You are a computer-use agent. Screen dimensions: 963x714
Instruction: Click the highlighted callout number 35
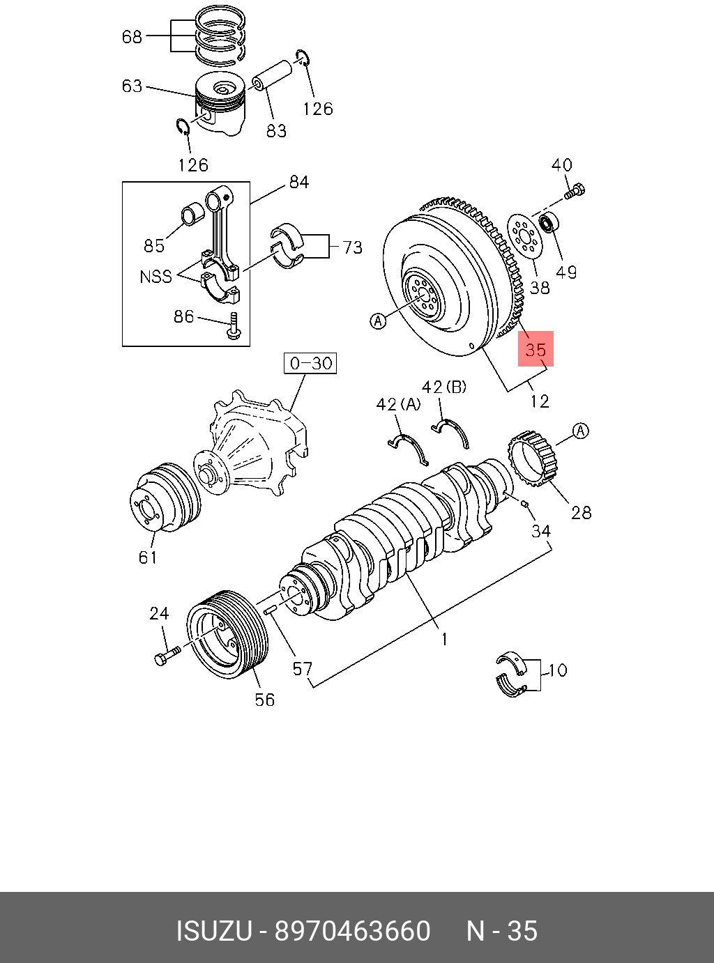535,348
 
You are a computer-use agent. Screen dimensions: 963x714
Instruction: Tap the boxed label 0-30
310,363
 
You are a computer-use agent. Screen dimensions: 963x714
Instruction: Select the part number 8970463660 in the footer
352,931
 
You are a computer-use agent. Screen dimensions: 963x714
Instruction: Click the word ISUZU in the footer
213,931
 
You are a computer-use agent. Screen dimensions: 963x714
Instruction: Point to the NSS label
155,277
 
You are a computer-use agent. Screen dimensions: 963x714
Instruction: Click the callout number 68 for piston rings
132,36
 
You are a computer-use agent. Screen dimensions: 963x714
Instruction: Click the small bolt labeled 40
576,190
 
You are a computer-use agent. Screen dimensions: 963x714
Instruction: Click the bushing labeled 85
191,215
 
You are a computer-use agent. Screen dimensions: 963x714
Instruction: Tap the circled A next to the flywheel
377,321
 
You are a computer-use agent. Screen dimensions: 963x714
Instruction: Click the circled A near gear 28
580,431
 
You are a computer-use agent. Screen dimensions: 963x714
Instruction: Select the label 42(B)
443,387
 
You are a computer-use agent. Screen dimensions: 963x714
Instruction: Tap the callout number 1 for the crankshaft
443,638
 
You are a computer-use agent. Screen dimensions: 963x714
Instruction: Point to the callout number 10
558,670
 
